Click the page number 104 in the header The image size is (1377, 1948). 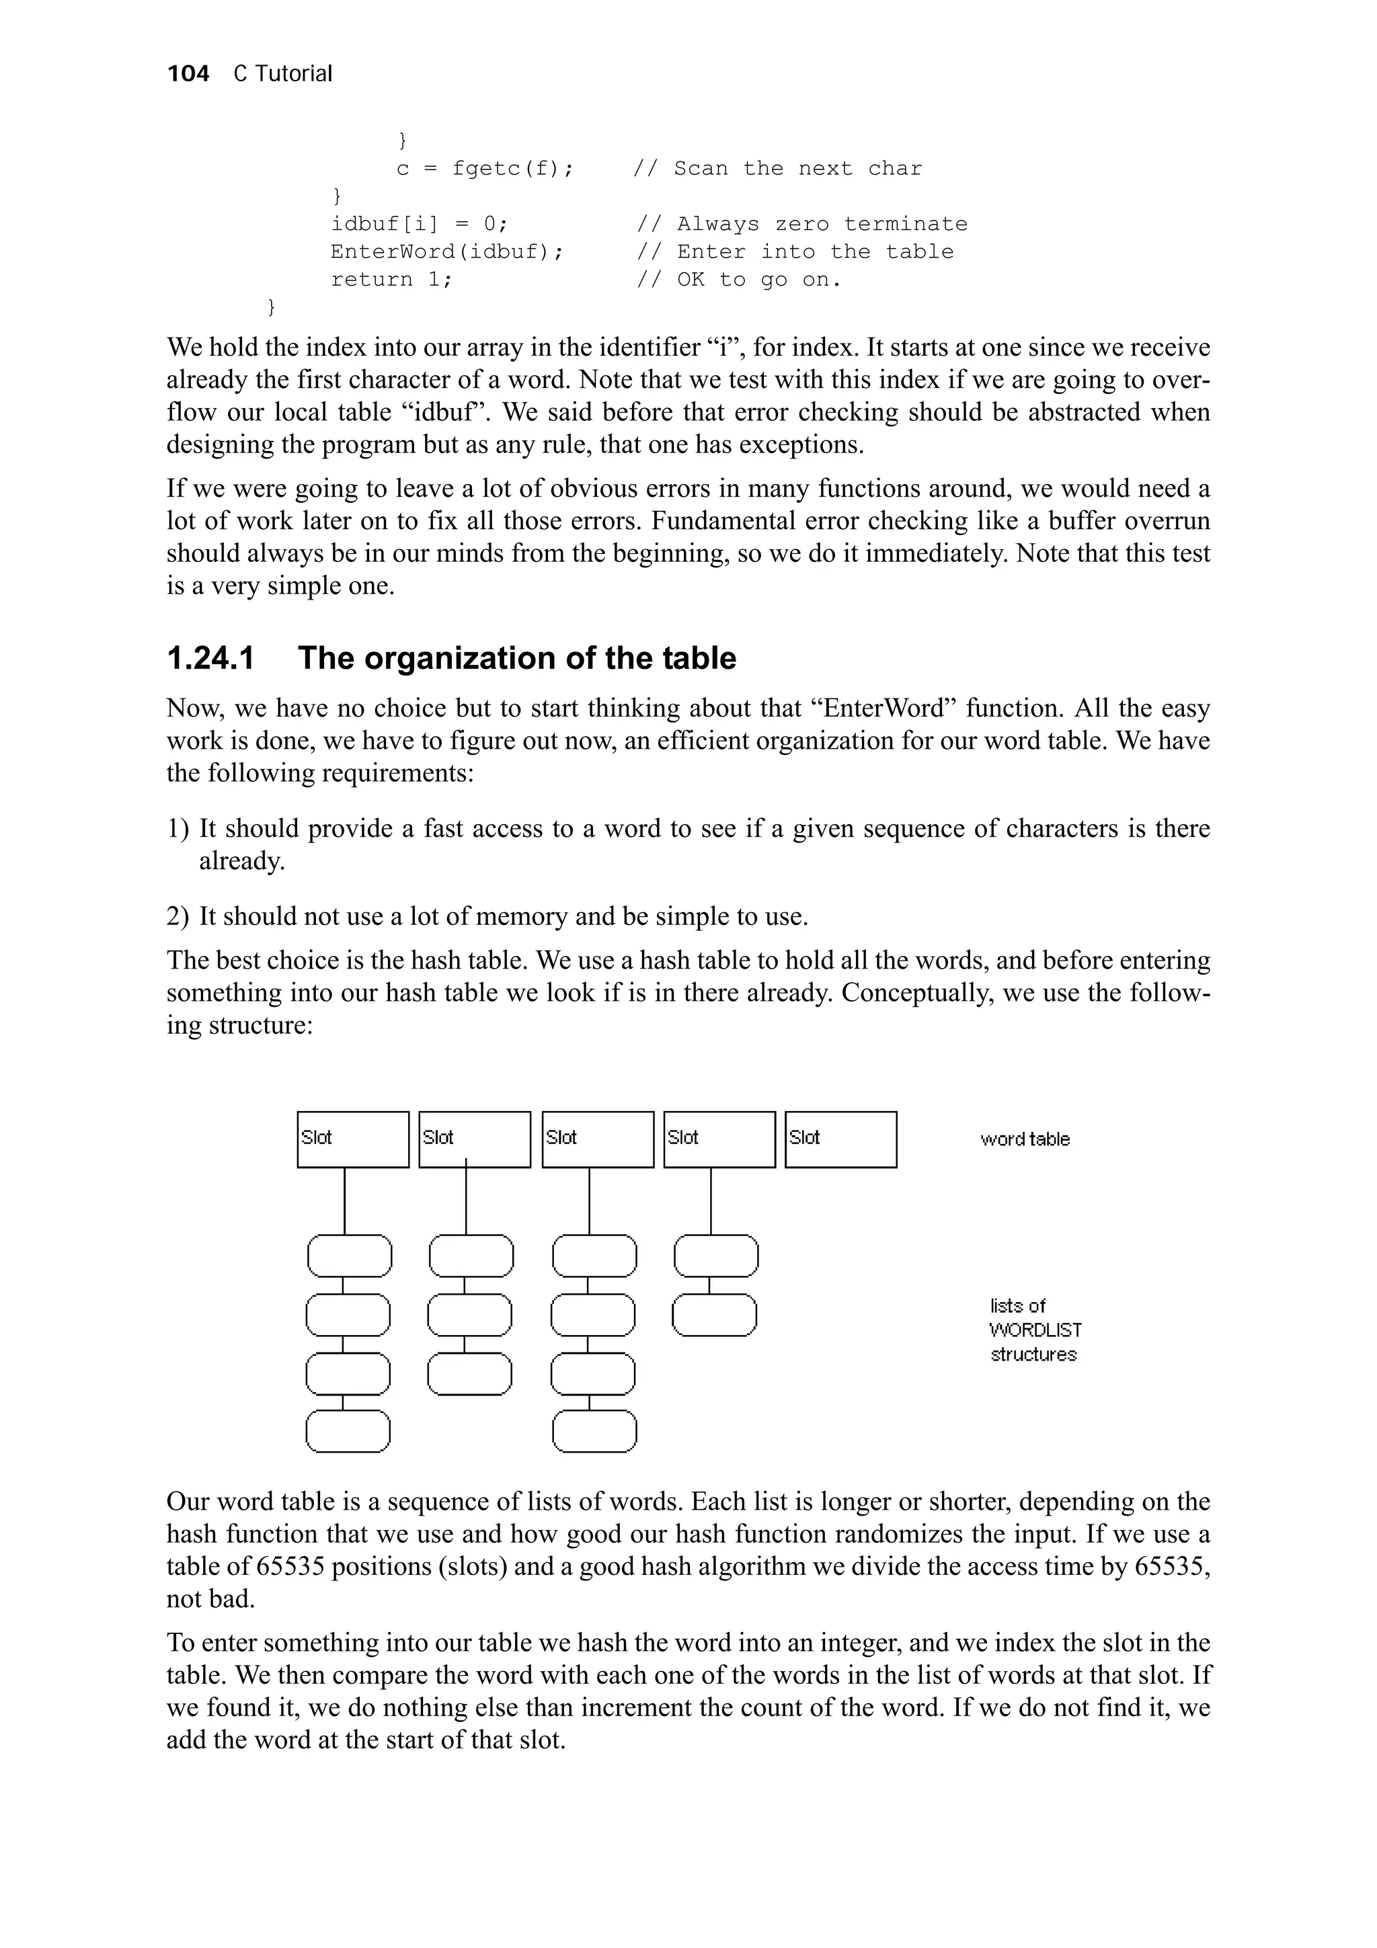188,74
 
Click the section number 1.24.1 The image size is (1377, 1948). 210,658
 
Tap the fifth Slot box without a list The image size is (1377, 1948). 840,1139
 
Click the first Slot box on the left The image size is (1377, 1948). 353,1139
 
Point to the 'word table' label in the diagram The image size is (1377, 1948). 1025,1139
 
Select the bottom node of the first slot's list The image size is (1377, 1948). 348,1431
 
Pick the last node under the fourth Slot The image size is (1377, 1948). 714,1315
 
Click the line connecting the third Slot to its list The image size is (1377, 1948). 590,1201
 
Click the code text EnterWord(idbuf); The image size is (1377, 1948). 447,252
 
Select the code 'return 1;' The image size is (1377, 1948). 391,280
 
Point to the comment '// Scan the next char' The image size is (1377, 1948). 777,169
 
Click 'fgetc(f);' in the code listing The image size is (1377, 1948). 512,169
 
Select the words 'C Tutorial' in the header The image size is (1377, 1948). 282,74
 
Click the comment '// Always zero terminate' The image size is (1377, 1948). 801,224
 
